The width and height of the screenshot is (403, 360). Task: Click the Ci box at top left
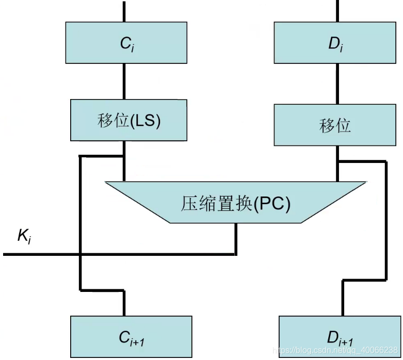click(126, 43)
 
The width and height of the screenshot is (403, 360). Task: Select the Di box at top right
click(335, 43)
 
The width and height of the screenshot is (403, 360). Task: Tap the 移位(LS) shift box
click(128, 120)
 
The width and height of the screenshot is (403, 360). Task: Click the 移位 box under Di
click(335, 125)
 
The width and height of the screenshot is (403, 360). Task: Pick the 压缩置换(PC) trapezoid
click(235, 202)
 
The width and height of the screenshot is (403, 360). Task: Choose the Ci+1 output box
click(131, 337)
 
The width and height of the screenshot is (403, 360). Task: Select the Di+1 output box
click(340, 337)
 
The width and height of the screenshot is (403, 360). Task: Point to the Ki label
click(24, 236)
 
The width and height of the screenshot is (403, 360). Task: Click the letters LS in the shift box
click(146, 120)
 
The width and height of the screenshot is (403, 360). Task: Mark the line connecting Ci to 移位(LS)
click(124, 81)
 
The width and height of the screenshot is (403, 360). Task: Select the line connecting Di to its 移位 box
click(337, 84)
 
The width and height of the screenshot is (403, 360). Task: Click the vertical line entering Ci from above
click(124, 11)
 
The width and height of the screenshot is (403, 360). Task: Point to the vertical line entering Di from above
click(337, 11)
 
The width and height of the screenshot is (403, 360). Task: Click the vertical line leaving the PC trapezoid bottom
click(236, 239)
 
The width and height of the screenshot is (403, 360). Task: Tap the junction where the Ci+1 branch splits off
click(124, 156)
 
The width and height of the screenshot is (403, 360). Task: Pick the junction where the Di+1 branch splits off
click(337, 161)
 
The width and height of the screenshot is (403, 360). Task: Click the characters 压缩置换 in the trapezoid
click(216, 204)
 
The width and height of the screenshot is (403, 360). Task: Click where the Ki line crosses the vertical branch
click(80, 254)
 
